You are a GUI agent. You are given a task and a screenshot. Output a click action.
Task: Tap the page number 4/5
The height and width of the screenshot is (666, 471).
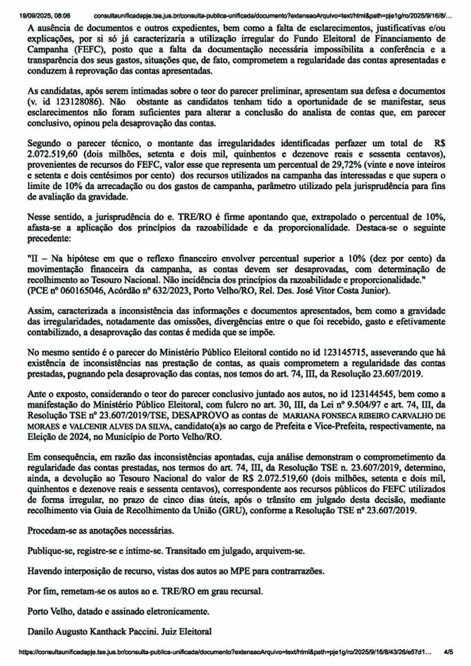click(x=448, y=653)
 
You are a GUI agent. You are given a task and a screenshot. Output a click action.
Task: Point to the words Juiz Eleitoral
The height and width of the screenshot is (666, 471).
click(x=195, y=632)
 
